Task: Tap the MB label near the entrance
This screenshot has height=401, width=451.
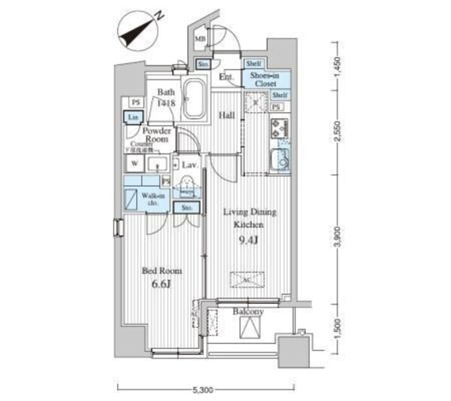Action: (x=201, y=39)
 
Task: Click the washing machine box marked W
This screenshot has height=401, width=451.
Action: (x=134, y=162)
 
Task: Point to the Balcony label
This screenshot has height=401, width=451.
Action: (x=248, y=311)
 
